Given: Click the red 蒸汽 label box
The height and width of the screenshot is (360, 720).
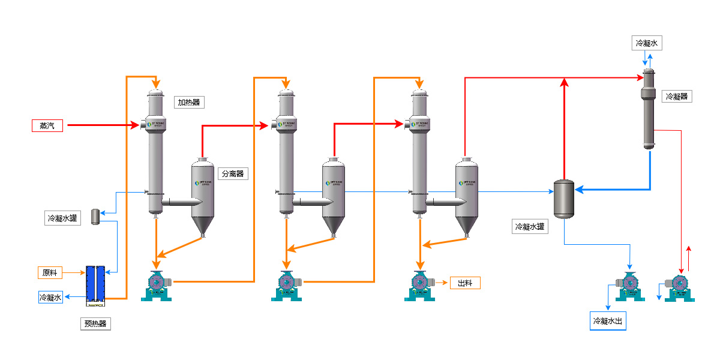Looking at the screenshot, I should pos(47,125).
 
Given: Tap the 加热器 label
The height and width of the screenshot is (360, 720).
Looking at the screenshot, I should pos(189,102).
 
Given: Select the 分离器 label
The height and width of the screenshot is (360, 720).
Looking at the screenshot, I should pos(233,173).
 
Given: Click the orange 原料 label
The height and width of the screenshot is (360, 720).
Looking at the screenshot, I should pos(50,272).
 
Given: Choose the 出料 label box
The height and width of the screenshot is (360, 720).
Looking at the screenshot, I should pos(465,283).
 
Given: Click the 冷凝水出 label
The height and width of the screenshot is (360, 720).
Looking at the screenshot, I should pos(608,321).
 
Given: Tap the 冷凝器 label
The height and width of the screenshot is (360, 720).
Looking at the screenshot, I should pos(676,96).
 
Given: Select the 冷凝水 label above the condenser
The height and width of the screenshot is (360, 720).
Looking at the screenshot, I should pos(647,43).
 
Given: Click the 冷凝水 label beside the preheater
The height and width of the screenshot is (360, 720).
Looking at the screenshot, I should pos(50,297).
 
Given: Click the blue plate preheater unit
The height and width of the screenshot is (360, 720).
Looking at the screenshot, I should pos(95,283).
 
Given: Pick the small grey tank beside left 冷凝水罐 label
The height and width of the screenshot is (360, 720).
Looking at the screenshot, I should pos(95,217).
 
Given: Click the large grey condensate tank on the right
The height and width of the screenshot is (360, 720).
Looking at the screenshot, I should pos(563,199).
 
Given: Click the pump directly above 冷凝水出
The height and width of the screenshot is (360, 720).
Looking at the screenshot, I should pos(629,286).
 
